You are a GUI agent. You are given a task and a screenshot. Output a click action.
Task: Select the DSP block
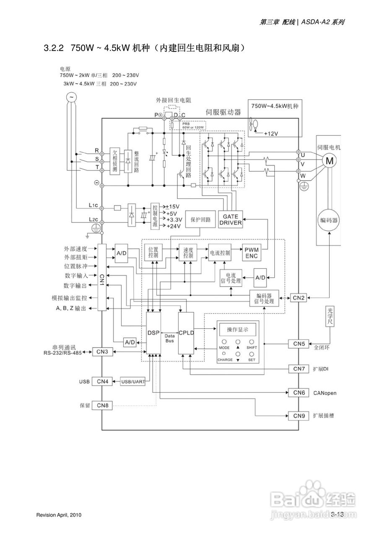click(154, 333)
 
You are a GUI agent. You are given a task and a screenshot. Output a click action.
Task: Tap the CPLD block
click(186, 333)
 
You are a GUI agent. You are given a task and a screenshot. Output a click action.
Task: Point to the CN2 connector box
click(299, 298)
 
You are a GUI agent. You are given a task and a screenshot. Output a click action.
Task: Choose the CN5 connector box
click(299, 344)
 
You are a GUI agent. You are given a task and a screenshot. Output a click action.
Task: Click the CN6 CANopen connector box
click(299, 393)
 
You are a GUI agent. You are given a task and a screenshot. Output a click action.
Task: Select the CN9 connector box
click(299, 416)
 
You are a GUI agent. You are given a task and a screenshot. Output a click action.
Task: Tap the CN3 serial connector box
click(102, 352)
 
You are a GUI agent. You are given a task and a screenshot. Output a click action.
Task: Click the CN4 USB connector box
click(102, 381)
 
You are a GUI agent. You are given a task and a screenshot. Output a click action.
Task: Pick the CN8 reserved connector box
click(102, 405)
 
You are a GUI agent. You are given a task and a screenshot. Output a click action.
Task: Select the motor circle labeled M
click(330, 160)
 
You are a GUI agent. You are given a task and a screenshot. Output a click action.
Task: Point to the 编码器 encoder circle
click(329, 220)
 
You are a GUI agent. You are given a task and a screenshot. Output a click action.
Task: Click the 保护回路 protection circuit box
click(200, 219)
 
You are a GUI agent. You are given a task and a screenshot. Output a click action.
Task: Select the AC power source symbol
click(71, 97)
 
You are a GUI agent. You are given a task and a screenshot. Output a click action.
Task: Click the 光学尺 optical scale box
click(329, 316)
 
